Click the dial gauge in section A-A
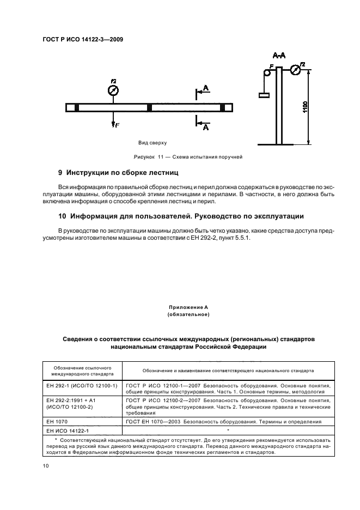pyautogui.click(x=295, y=70)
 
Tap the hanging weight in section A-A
pyautogui.click(x=265, y=95)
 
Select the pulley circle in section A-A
pyautogui.click(x=267, y=72)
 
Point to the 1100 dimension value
pyautogui.click(x=305, y=107)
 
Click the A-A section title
pyautogui.click(x=279, y=56)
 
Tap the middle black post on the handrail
pyautogui.click(x=149, y=107)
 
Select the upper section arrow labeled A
pyautogui.click(x=202, y=90)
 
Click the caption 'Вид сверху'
pyautogui.click(x=152, y=143)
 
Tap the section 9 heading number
pyautogui.click(x=60, y=173)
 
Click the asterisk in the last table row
pyautogui.click(x=228, y=430)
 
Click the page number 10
pyautogui.click(x=46, y=465)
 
